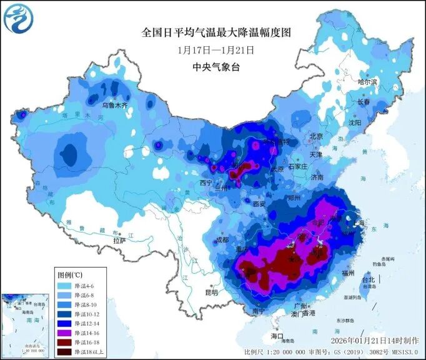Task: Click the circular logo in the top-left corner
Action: click(x=17, y=18)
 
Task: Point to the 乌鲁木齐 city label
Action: click(x=114, y=106)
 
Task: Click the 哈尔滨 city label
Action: click(x=367, y=82)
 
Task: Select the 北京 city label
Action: click(x=316, y=136)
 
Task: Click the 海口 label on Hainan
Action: click(x=277, y=336)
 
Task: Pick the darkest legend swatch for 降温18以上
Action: click(x=63, y=352)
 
